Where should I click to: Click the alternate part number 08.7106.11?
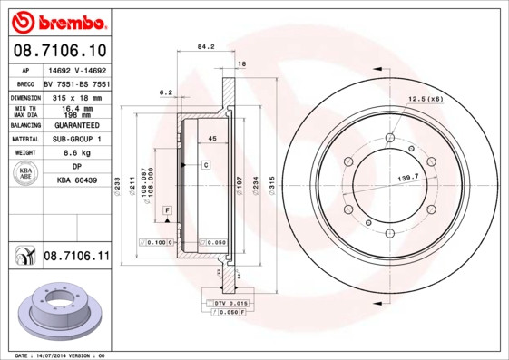point(76,257)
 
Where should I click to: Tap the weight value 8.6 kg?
point(77,153)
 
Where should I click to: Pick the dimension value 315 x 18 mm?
point(77,95)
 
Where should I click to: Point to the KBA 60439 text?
point(77,181)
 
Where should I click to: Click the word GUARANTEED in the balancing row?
point(77,125)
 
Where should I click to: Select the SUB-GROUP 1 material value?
point(77,139)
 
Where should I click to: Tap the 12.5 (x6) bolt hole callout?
point(425,98)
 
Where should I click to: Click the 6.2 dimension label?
point(165,92)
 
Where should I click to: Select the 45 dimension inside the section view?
point(210,138)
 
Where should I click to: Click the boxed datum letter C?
point(206,164)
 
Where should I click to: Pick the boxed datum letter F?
point(168,210)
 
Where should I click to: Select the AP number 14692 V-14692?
point(77,69)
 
